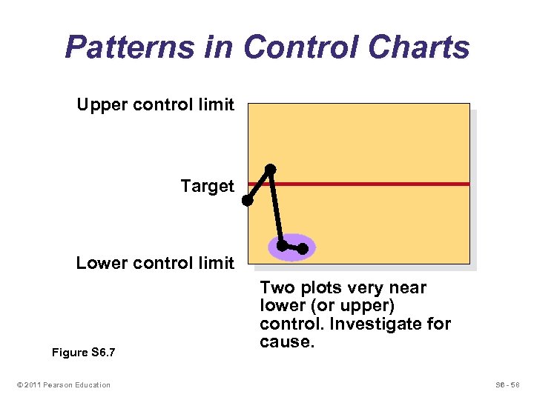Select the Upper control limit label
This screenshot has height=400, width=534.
(x=155, y=104)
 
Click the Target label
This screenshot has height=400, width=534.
(x=207, y=186)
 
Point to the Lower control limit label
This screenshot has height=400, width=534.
(x=155, y=263)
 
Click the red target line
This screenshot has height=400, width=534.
(x=371, y=184)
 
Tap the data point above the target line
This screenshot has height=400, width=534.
(x=271, y=170)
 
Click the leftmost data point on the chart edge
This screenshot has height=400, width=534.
(x=247, y=200)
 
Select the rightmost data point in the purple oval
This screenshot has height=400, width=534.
(x=303, y=249)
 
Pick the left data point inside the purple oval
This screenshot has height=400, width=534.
(x=282, y=244)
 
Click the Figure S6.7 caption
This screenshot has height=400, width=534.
(x=84, y=353)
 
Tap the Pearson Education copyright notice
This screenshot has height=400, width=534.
(x=63, y=384)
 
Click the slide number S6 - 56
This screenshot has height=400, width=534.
(x=507, y=384)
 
